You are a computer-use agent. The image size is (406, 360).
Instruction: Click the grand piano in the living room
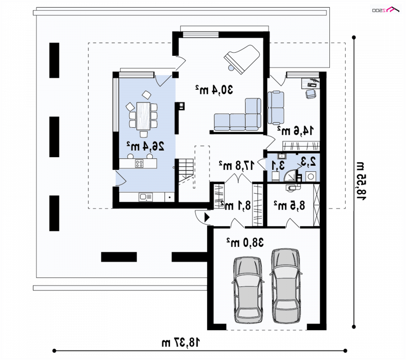click(242, 58)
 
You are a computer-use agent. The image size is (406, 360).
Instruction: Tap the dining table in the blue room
click(143, 116)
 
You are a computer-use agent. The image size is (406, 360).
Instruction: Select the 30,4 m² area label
click(214, 89)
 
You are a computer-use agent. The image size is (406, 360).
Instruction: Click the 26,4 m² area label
click(145, 147)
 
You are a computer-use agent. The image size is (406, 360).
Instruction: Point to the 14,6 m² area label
click(295, 130)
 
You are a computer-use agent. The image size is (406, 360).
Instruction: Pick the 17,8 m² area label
click(236, 165)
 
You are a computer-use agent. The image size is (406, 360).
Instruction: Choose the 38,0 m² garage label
click(245, 242)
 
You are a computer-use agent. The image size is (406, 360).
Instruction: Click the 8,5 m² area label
click(289, 205)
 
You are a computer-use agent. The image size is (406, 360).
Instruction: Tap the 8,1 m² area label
click(235, 205)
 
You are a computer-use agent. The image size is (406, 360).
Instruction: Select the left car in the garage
click(248, 290)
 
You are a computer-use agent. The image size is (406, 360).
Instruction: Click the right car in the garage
click(286, 286)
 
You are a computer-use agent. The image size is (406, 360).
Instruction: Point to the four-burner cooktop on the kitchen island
click(139, 164)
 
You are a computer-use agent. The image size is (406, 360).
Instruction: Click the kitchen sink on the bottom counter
click(146, 197)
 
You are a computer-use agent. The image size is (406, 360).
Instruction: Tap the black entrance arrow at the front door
click(207, 218)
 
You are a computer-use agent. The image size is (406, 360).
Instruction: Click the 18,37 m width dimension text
click(181, 342)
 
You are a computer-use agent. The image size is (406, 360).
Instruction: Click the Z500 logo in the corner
click(386, 10)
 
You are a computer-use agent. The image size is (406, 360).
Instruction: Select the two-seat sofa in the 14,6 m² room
click(276, 107)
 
